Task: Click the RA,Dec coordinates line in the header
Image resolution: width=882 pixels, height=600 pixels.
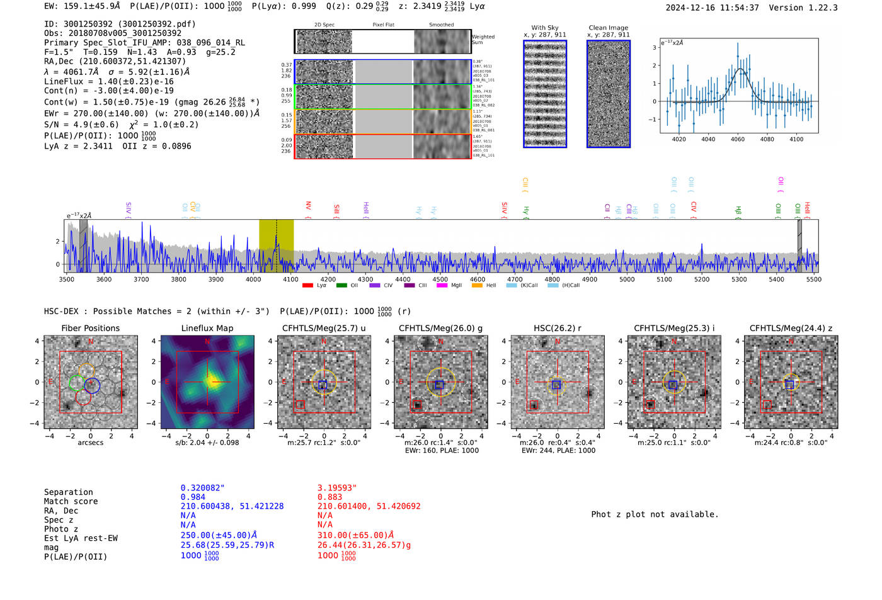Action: [x=115, y=61]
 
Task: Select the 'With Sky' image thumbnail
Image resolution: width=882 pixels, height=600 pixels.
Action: [x=545, y=94]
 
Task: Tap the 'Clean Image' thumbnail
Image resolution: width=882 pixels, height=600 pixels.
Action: [x=609, y=94]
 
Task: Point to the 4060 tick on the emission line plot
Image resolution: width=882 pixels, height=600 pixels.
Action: [x=738, y=139]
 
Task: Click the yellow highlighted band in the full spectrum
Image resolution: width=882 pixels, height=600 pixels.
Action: [x=276, y=246]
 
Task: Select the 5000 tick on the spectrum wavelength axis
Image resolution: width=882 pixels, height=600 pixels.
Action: [x=627, y=280]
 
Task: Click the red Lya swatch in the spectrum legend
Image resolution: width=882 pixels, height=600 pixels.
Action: [x=307, y=286]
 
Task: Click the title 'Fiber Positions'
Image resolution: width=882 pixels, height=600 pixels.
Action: [x=90, y=328]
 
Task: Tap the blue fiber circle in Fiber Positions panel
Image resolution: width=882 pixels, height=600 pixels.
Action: [x=92, y=385]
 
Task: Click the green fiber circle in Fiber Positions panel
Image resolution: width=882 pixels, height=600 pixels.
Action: [x=76, y=382]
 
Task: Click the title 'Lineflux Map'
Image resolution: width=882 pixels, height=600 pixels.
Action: [x=207, y=328]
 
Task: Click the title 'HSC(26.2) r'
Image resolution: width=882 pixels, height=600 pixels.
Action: [x=557, y=328]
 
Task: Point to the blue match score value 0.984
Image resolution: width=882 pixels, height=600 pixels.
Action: [x=193, y=497]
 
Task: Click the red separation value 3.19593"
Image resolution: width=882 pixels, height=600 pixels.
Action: [x=337, y=488]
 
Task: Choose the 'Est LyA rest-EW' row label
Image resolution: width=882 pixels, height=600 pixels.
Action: [x=81, y=538]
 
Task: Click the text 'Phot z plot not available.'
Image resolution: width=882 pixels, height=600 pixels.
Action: [x=655, y=514]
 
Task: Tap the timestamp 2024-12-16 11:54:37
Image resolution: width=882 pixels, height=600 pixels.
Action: [x=712, y=8]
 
